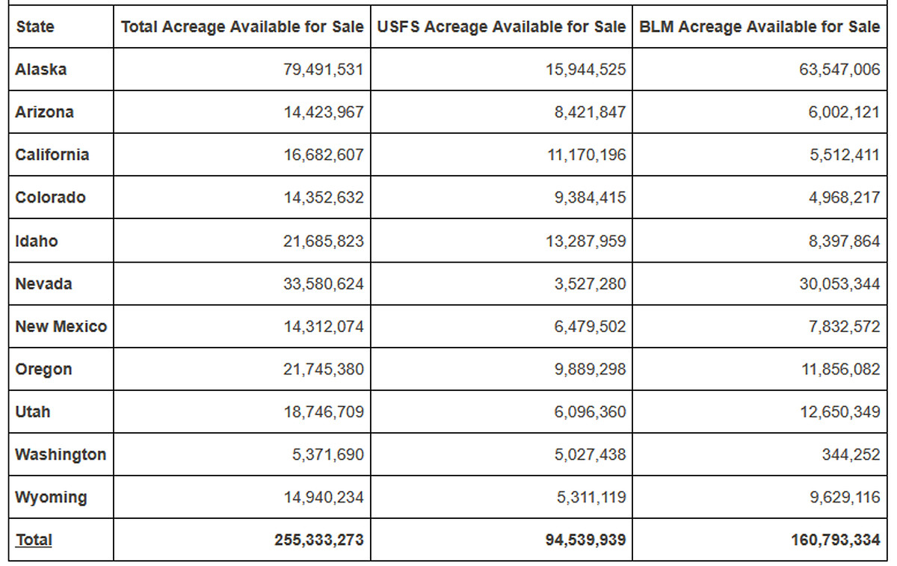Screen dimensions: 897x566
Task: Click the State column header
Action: coord(35,27)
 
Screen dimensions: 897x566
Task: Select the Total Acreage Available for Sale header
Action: coord(242,27)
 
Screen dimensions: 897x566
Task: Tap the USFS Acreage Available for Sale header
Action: coord(502,27)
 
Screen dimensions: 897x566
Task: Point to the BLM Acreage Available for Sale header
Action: coord(759,27)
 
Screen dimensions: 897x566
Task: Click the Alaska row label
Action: coord(41,70)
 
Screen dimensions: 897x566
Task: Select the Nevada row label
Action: coord(43,283)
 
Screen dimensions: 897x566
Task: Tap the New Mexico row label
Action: coord(61,327)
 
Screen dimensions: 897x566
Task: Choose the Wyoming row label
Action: coord(51,497)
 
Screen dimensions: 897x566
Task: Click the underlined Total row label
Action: coord(34,540)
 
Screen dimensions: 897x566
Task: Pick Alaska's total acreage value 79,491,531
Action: coord(323,70)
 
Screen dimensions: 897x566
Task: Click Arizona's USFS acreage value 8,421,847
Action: coord(590,112)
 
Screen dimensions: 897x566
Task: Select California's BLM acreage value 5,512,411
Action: coord(845,155)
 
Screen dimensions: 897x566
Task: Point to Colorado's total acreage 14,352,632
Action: coord(324,197)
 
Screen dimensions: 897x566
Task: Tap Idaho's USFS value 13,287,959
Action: coord(586,242)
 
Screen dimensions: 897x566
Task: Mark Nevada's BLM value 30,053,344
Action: coord(839,284)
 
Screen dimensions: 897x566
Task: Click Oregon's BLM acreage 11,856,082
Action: coord(840,369)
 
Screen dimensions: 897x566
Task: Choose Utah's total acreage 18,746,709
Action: coord(324,412)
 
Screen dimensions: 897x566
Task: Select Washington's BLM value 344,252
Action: coord(851,455)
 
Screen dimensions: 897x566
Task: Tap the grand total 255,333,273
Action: coord(318,540)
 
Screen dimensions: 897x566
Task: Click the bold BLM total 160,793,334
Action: coord(836,540)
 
